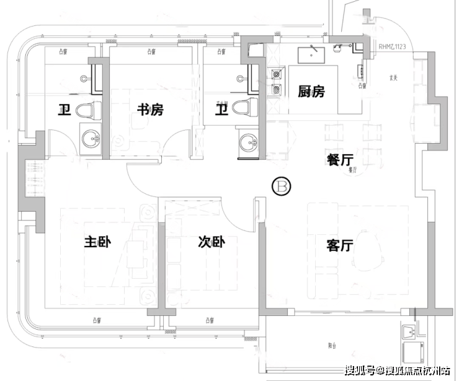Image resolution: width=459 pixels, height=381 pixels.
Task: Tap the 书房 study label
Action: [x=150, y=110]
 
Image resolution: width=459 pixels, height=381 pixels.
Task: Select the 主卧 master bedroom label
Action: [x=97, y=242]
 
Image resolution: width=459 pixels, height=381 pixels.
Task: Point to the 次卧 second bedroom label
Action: [x=211, y=242]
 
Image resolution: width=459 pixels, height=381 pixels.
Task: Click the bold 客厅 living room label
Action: [x=339, y=245]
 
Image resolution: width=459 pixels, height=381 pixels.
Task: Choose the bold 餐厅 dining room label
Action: [x=340, y=160]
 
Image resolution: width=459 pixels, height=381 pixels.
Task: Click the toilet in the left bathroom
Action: [x=87, y=111]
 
